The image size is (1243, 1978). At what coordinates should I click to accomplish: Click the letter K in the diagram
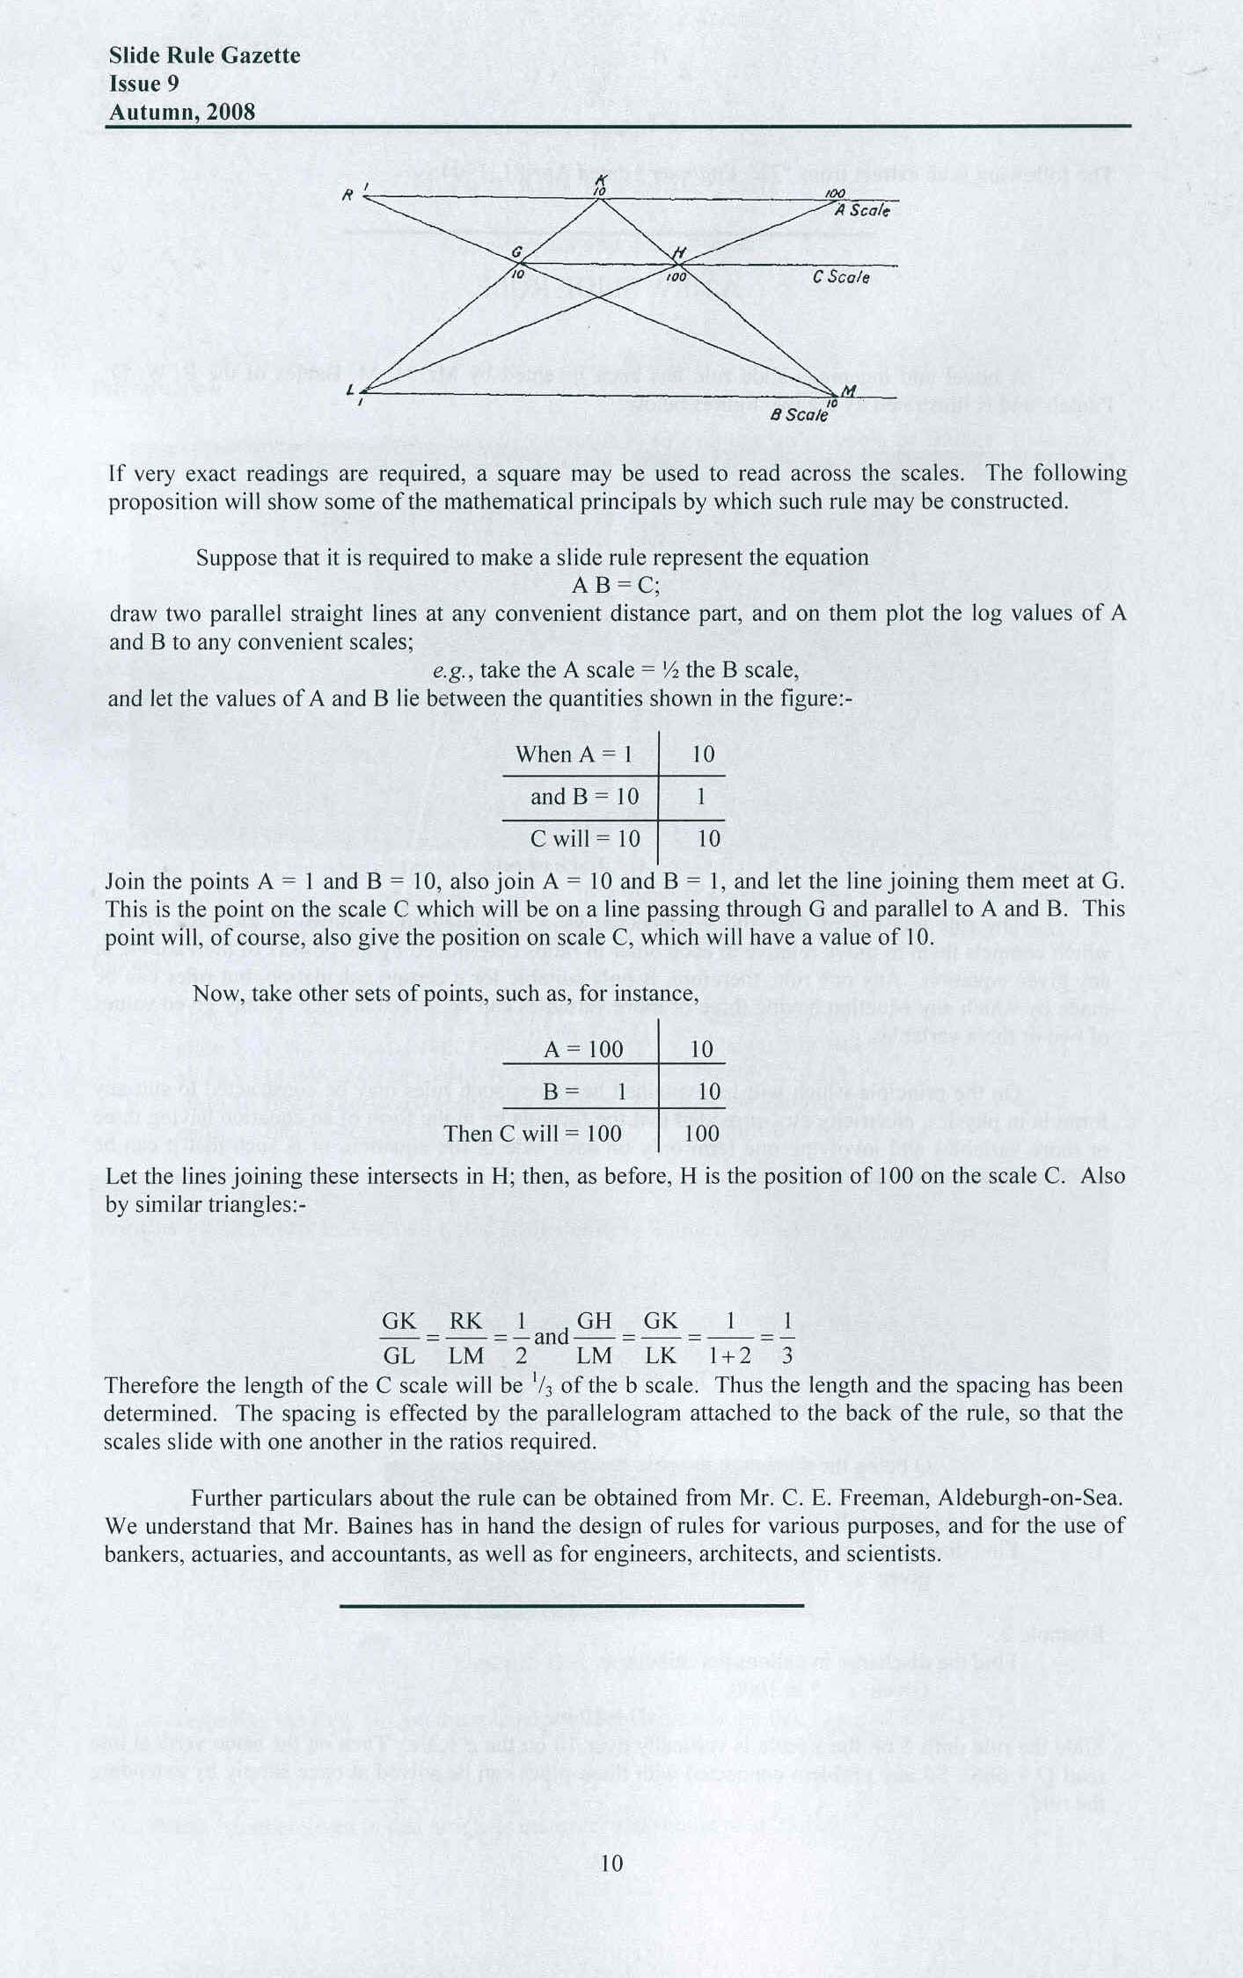602,179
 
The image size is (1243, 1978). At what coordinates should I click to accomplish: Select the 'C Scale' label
841,277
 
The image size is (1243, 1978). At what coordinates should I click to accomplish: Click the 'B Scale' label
799,414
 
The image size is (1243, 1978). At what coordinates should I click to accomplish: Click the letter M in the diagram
848,390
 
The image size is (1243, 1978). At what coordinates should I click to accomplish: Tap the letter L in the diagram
351,390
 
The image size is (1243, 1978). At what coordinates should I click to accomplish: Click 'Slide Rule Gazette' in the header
204,56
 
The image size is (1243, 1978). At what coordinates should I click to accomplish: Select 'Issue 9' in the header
143,84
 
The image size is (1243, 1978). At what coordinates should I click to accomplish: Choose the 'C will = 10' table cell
585,839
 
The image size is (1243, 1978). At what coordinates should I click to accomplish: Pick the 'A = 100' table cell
583,1049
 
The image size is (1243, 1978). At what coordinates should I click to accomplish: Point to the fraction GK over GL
398,1338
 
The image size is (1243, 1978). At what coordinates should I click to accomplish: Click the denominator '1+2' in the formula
730,1355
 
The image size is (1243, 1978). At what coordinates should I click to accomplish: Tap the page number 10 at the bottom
611,1863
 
